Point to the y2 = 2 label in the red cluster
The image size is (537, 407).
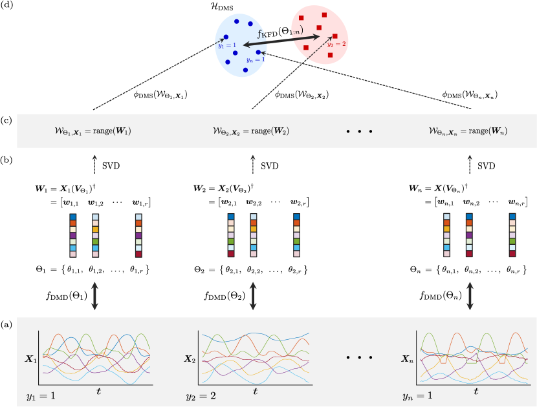(336, 44)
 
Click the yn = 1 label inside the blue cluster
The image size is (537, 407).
(256, 59)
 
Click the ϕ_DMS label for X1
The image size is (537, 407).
(158, 94)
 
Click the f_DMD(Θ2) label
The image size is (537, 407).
(224, 297)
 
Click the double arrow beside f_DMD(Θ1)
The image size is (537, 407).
(94, 297)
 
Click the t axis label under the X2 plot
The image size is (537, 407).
(256, 391)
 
